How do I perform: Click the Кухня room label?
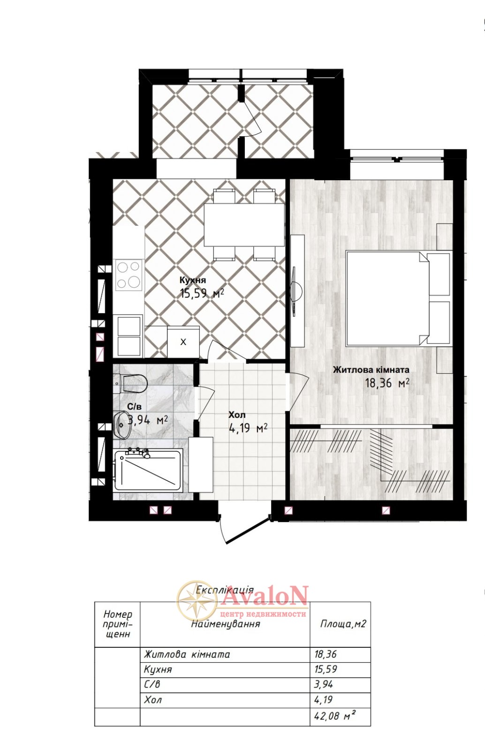(x=193, y=280)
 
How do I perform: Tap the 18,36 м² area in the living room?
(x=387, y=383)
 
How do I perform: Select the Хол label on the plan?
(x=237, y=415)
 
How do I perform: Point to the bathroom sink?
(x=122, y=425)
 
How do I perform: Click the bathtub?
(x=148, y=470)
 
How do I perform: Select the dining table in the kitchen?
(x=244, y=225)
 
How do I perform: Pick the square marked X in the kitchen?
(x=183, y=342)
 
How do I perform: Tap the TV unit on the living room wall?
(x=297, y=291)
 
